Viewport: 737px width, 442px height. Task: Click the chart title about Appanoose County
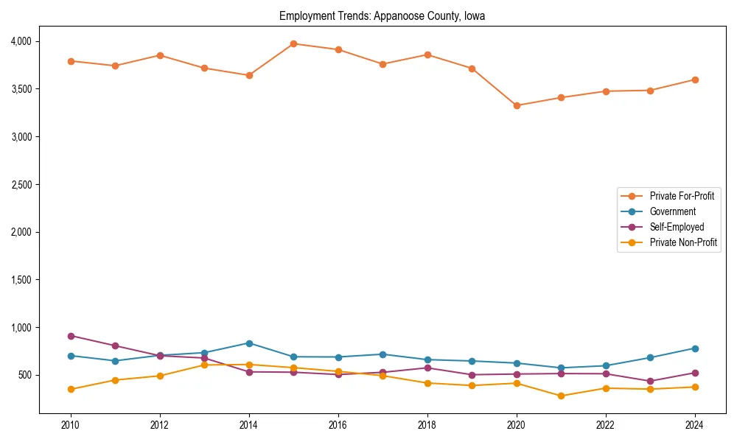coord(382,15)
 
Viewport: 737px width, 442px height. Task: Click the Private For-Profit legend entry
coord(682,196)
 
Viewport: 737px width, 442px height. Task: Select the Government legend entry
coord(672,211)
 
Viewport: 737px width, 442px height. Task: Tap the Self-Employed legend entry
coord(677,227)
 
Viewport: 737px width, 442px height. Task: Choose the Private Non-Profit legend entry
coord(683,242)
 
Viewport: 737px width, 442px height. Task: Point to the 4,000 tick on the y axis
coord(21,41)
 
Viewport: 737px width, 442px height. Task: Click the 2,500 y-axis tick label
coord(21,184)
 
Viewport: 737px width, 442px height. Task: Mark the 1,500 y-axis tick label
coord(21,280)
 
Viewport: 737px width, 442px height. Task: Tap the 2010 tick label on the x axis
coord(71,425)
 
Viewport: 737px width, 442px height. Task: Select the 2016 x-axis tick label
coord(338,425)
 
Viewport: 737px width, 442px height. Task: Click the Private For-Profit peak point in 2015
coord(293,43)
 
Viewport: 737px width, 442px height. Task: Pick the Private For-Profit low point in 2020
coord(517,105)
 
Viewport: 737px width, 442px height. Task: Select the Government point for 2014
coord(249,343)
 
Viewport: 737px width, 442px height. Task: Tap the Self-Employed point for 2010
coord(71,336)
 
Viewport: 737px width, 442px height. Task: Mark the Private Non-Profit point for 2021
coord(561,396)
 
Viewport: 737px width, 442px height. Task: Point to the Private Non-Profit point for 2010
coord(71,389)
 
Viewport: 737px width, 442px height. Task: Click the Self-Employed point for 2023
coord(650,381)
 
